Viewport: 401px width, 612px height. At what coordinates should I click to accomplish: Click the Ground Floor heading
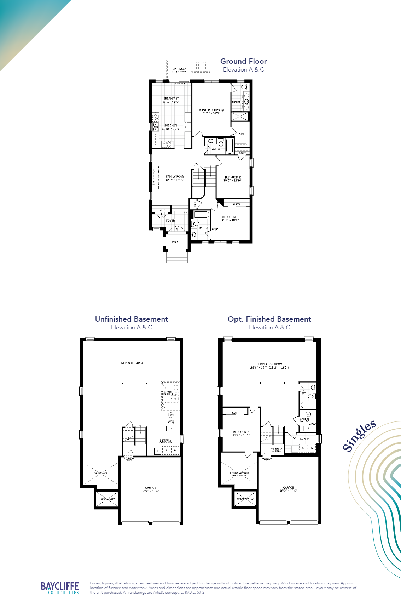tap(243, 61)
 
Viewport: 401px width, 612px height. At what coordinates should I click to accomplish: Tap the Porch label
tap(176, 242)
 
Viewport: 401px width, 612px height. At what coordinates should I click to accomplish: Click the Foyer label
tap(170, 221)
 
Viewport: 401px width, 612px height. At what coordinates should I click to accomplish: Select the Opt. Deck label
tap(179, 69)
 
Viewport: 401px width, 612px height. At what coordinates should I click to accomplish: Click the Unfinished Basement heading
tap(132, 319)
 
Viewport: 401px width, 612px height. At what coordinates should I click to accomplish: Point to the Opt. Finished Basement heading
tap(269, 319)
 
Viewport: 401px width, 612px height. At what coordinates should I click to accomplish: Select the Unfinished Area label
tap(131, 363)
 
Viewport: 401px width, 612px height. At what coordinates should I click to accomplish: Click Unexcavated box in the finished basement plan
tap(245, 499)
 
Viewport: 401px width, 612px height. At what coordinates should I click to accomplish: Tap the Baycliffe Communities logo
tap(60, 588)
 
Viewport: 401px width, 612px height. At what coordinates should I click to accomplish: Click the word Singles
tap(359, 436)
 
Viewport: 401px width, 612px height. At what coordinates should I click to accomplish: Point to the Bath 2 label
tap(215, 149)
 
